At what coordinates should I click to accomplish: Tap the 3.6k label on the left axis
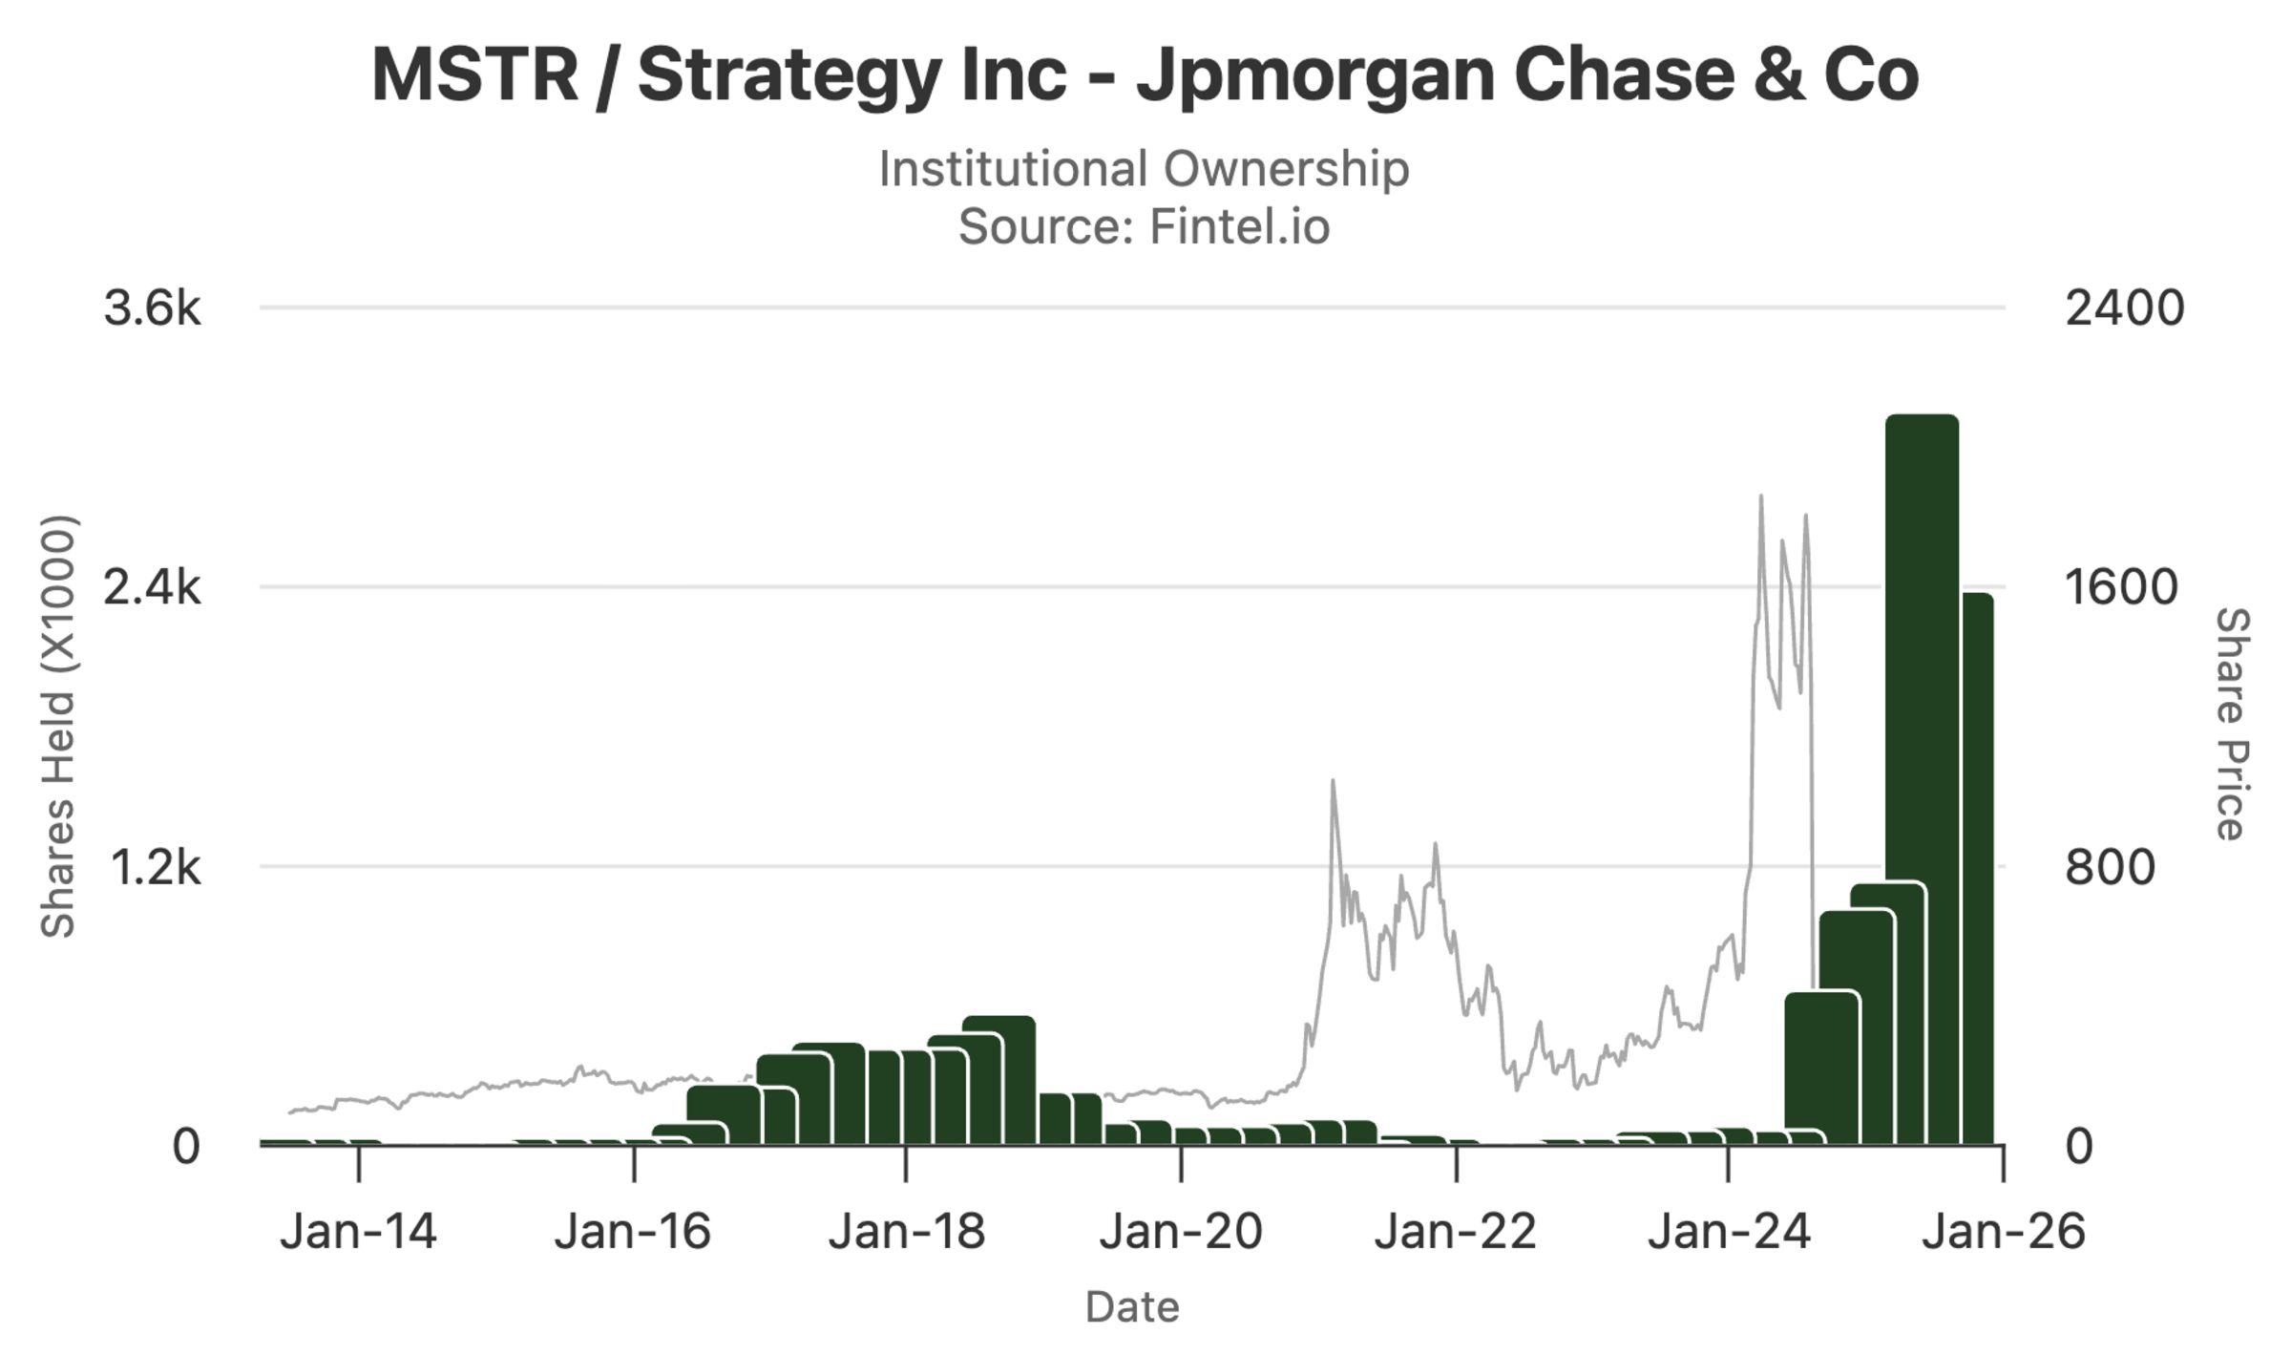click(x=152, y=309)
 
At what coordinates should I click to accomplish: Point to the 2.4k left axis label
click(x=152, y=587)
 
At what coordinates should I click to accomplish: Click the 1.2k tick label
click(x=155, y=868)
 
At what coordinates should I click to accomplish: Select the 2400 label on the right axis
click(x=2124, y=309)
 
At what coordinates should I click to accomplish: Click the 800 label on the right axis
click(x=2109, y=868)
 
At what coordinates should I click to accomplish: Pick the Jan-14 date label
click(x=358, y=1232)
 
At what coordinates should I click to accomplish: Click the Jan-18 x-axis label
click(x=906, y=1232)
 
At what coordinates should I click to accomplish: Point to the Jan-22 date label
click(x=1455, y=1232)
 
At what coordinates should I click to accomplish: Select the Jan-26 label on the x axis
click(x=2003, y=1232)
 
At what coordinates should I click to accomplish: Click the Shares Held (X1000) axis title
click(x=58, y=726)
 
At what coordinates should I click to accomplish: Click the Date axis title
click(x=1132, y=1307)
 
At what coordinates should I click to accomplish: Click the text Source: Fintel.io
click(x=1144, y=227)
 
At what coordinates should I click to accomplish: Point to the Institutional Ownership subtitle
click(x=1144, y=169)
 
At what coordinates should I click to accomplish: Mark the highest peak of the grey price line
click(x=1760, y=497)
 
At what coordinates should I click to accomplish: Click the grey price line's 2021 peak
click(x=1333, y=782)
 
